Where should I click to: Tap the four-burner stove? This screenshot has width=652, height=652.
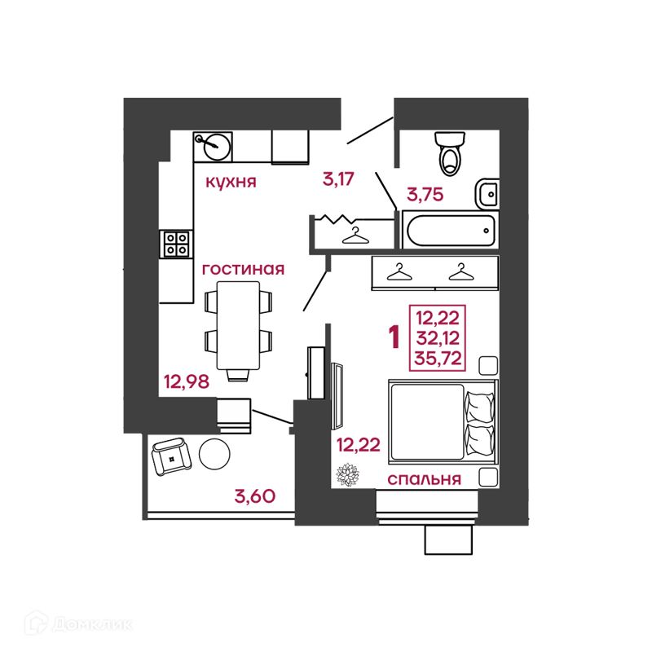[x=177, y=242]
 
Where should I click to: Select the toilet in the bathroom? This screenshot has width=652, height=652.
[x=449, y=153]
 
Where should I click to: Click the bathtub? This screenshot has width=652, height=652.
[x=449, y=230]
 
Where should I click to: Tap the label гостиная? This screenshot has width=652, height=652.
[x=242, y=269]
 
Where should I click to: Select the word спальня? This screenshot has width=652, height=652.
[x=425, y=478]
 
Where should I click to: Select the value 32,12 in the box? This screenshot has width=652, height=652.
[x=439, y=337]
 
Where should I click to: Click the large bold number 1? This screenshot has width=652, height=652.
[x=394, y=337]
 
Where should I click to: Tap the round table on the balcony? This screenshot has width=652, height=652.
[x=216, y=453]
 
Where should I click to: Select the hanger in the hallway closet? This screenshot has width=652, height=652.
[x=355, y=235]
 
